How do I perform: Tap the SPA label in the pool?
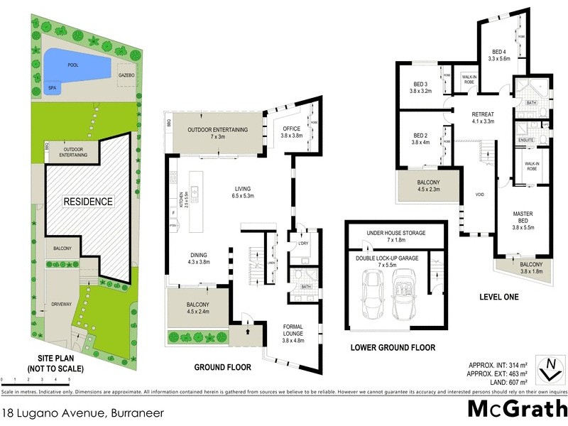[x=52, y=89]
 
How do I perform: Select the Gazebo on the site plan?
[x=126, y=75]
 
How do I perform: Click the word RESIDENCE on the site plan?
[x=88, y=202]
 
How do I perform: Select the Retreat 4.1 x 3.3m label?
[x=483, y=117]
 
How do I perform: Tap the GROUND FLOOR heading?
[x=224, y=368]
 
